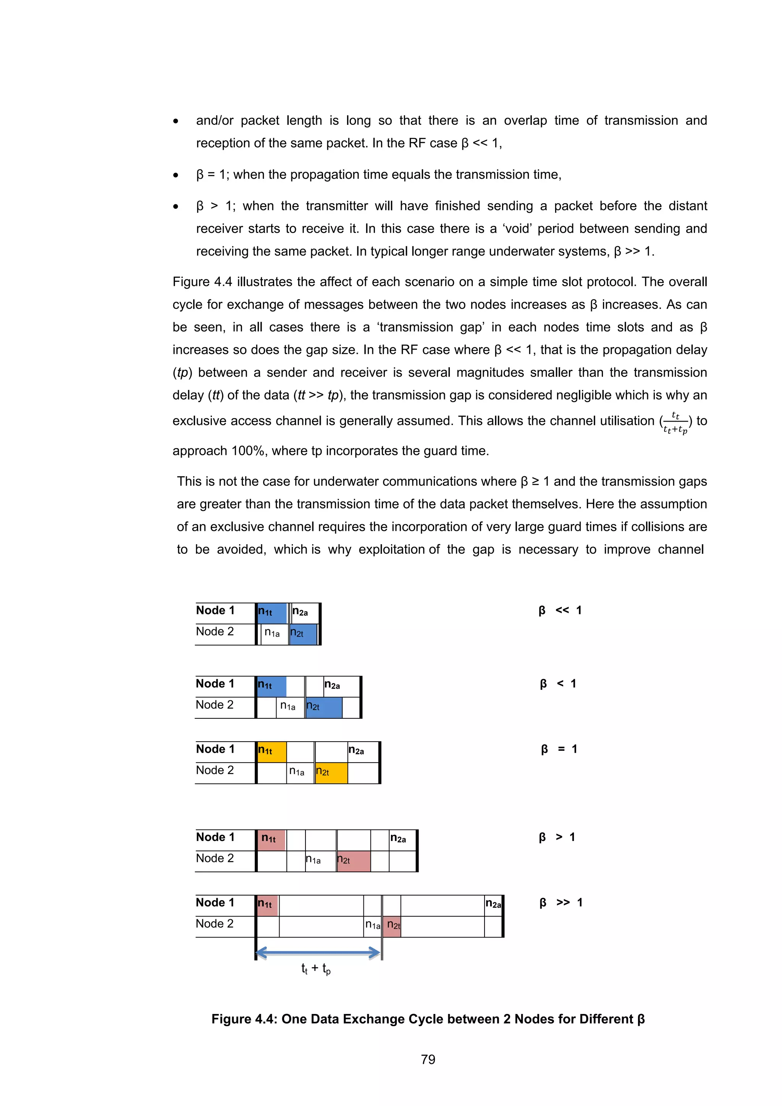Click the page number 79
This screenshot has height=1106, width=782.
click(428, 1059)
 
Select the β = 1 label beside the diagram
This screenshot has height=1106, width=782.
click(559, 749)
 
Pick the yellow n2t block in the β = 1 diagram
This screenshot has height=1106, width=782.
click(331, 773)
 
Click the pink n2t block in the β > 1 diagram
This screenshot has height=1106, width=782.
click(354, 861)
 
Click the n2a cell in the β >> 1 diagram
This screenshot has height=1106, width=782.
click(493, 905)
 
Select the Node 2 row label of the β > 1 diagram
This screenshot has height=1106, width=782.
click(215, 858)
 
